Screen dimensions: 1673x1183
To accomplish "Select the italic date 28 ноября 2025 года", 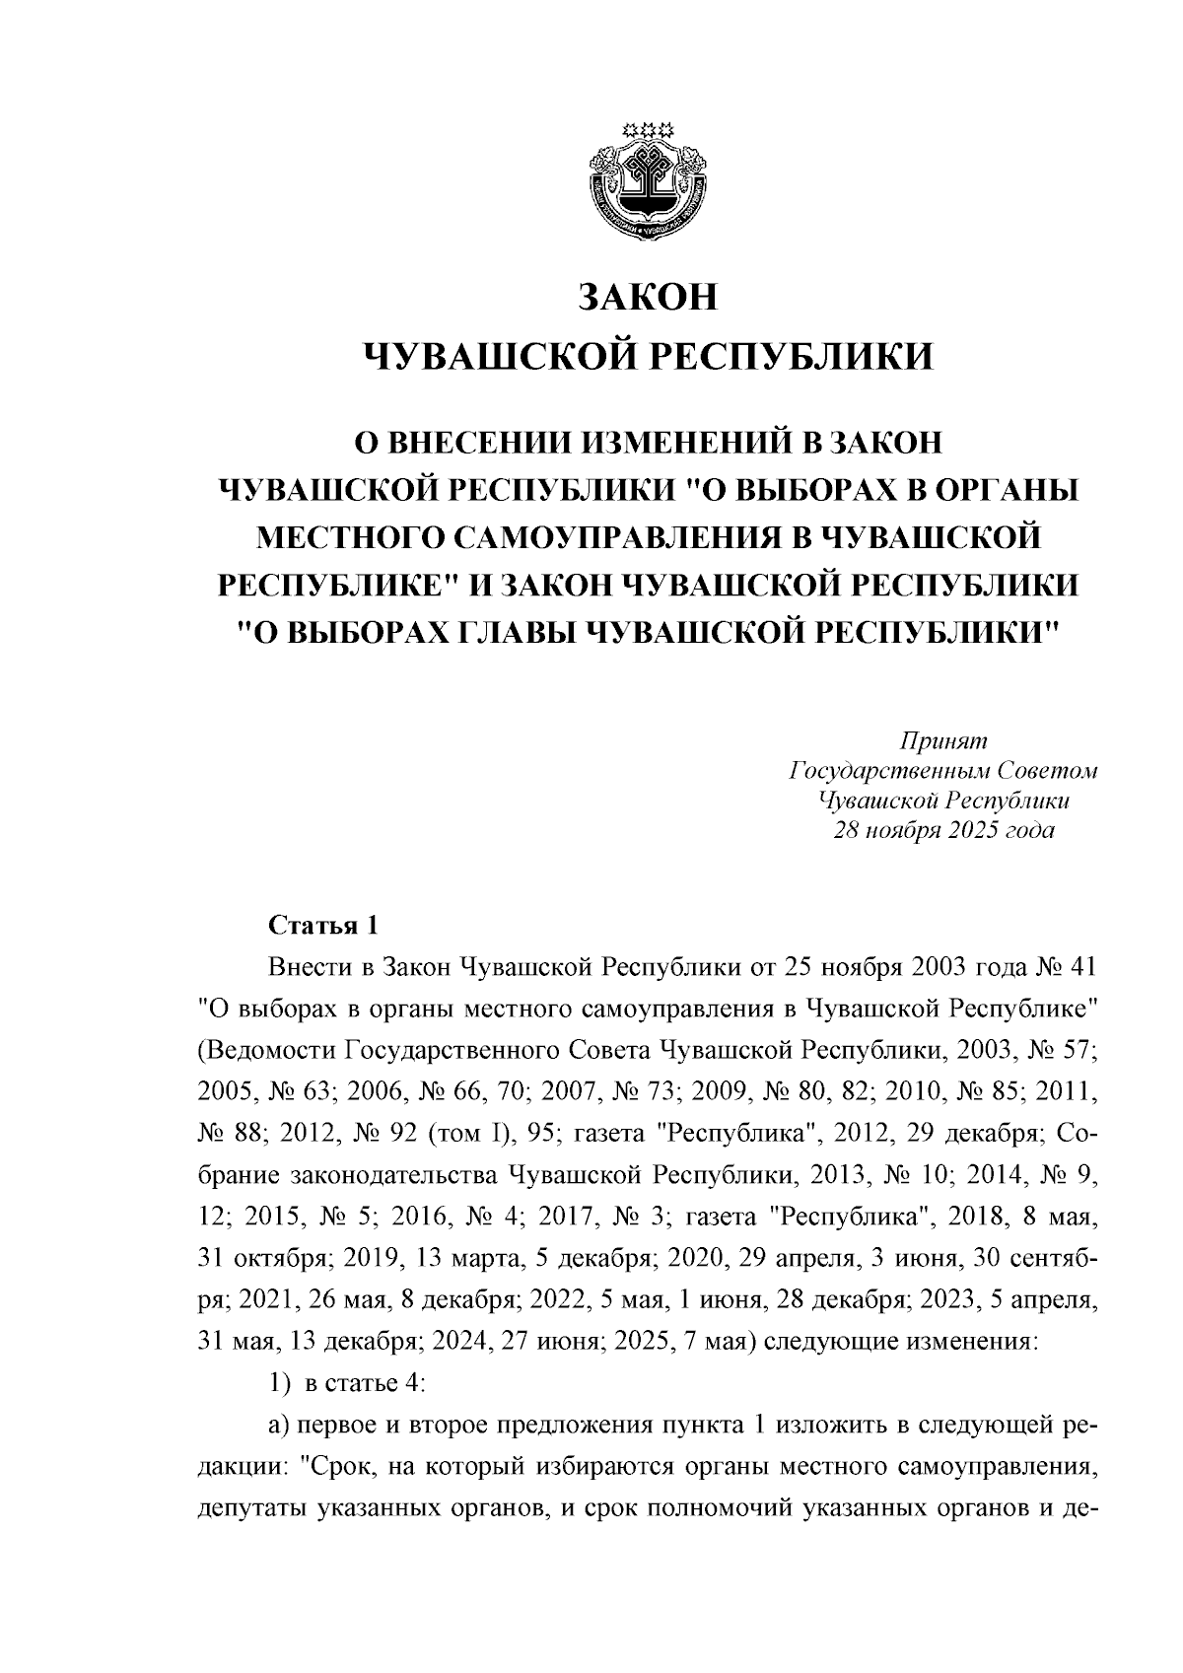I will click(943, 830).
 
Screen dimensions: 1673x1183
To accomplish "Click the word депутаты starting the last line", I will click(248, 1509).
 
